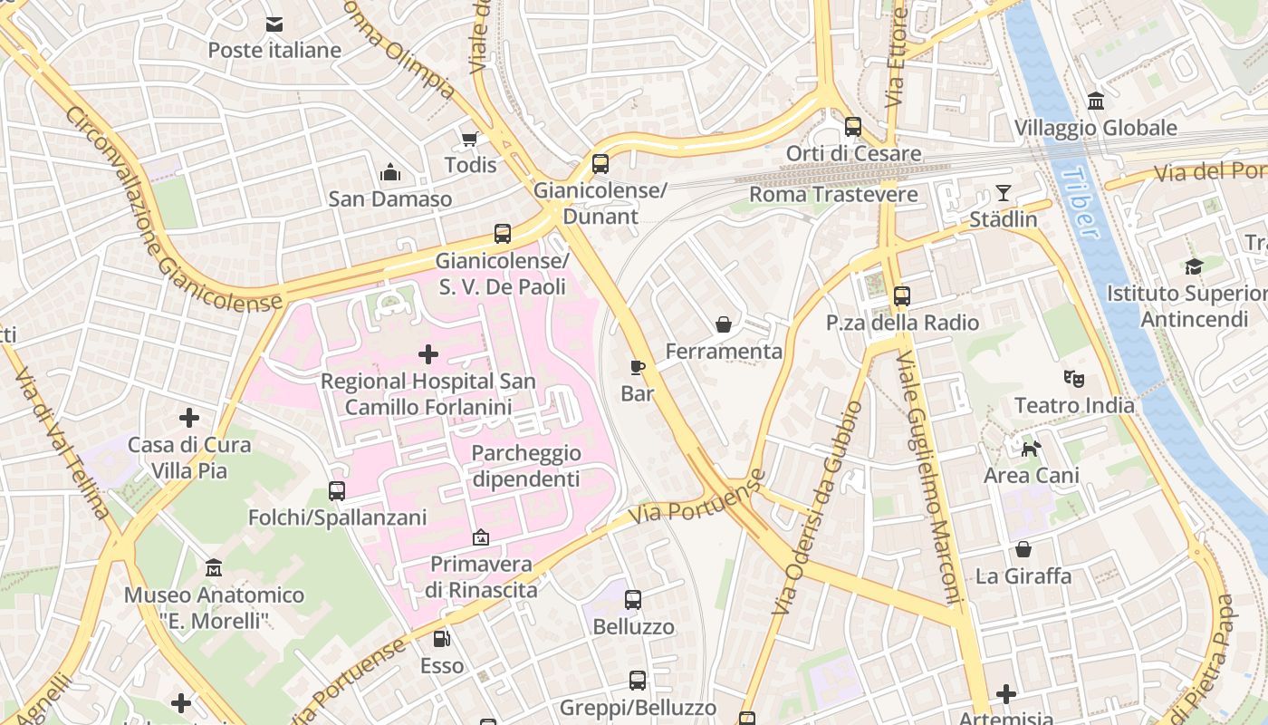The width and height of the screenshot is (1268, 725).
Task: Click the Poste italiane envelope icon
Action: (274, 24)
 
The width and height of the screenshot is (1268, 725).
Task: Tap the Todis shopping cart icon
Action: (470, 139)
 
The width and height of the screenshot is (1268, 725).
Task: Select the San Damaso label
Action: (389, 198)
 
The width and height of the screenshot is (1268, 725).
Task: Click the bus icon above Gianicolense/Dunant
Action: (600, 164)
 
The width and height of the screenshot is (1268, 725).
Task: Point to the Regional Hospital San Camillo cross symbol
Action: (428, 354)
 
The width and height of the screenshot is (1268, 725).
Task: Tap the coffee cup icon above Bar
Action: (638, 367)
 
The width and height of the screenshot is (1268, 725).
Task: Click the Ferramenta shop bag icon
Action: (724, 324)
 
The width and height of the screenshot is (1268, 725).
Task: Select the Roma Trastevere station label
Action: (833, 194)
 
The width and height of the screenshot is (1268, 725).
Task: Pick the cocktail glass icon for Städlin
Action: (1003, 193)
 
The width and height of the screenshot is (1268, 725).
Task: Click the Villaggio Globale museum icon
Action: (1096, 101)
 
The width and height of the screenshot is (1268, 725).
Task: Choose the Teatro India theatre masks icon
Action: (1074, 378)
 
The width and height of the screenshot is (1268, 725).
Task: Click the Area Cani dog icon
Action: (1031, 449)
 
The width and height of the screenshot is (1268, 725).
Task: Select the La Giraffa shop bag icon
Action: (1023, 549)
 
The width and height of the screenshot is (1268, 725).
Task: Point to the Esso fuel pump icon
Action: (442, 639)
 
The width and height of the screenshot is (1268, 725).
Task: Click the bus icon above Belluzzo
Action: (633, 600)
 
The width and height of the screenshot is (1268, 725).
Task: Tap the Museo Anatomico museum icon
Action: (214, 568)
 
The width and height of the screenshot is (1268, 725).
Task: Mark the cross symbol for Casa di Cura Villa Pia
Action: (188, 418)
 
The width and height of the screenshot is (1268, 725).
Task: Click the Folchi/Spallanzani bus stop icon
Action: (337, 491)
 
